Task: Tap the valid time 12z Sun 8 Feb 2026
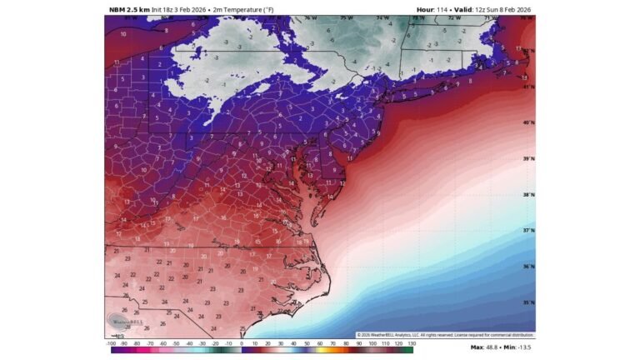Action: coord(498,9)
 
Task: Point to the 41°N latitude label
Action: coord(527,86)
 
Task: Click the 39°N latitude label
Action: coord(527,158)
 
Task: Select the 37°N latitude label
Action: coord(527,230)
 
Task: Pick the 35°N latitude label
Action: coord(527,302)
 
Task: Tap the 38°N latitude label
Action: coord(527,195)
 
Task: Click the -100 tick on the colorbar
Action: coord(111,343)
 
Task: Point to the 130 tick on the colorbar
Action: coord(411,343)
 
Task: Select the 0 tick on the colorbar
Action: coord(242,343)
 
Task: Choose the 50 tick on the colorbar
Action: coord(307,343)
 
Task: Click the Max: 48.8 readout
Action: coord(487,347)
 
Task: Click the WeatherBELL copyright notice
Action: coord(445,335)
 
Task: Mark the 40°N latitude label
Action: coord(527,122)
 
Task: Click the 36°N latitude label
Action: coord(527,267)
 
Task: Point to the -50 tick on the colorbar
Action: coord(177,343)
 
